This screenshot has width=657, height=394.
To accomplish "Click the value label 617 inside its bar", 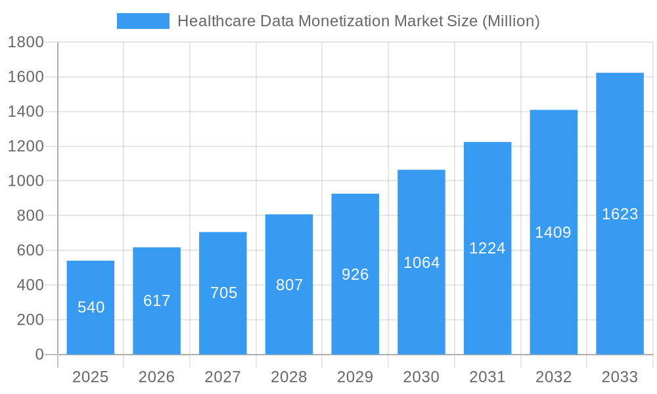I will pos(157,301).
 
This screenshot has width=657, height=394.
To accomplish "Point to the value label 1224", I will pos(487,248).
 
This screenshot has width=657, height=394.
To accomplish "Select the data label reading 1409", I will pos(553,232).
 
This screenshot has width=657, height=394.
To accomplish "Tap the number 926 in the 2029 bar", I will pos(355,274).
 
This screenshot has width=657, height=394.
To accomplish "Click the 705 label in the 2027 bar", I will pos(223,293).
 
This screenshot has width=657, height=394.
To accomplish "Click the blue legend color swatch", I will pos(143,21).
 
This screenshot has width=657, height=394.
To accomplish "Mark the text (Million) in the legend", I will pos(510,21).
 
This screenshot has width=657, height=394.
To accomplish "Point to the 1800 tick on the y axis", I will pos(26,43).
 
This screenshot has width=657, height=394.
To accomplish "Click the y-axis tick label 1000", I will pos(26,181).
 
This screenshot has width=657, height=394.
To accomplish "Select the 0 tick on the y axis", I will pos(39,355).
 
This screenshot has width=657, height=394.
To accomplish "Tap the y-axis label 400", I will pos(30,285).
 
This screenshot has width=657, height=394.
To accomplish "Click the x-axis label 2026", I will pos(157,377).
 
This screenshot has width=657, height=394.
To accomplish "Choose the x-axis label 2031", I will pos(487,377).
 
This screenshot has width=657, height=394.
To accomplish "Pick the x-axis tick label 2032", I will pos(553,377).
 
